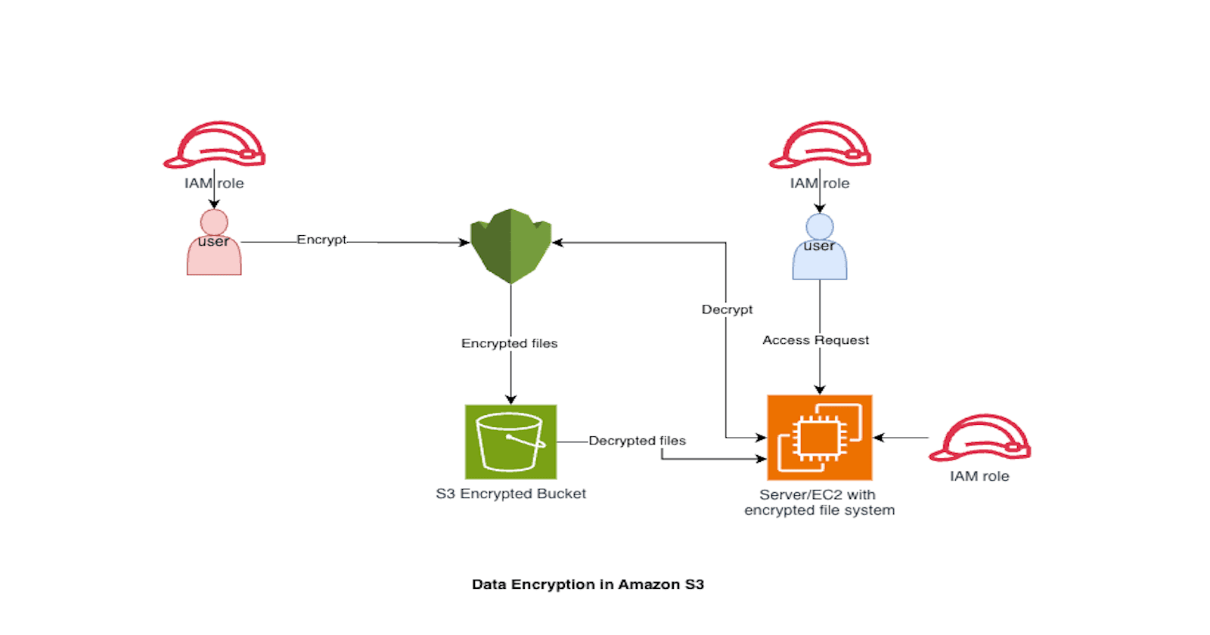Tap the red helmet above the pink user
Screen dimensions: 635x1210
pos(215,145)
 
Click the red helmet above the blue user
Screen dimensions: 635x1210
pos(821,145)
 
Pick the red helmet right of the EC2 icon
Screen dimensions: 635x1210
pos(980,438)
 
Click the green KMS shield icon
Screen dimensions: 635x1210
pos(511,246)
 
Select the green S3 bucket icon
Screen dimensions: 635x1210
pos(511,441)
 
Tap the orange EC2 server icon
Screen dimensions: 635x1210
pos(820,438)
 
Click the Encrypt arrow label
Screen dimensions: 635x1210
pos(321,240)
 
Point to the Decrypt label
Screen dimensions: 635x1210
pos(727,309)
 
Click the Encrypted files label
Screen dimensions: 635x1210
pos(509,343)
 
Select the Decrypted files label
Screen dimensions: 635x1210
pos(637,441)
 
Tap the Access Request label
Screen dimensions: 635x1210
pos(815,340)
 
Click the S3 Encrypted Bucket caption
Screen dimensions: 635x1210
pos(510,494)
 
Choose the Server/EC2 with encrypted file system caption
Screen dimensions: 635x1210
pos(819,503)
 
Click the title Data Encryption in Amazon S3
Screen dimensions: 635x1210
pos(588,584)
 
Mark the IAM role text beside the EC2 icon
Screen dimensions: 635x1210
pos(979,476)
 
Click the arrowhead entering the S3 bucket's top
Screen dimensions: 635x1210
pos(511,399)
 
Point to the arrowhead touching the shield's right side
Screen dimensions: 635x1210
pos(558,243)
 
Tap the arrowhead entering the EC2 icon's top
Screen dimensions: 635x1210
pos(820,389)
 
